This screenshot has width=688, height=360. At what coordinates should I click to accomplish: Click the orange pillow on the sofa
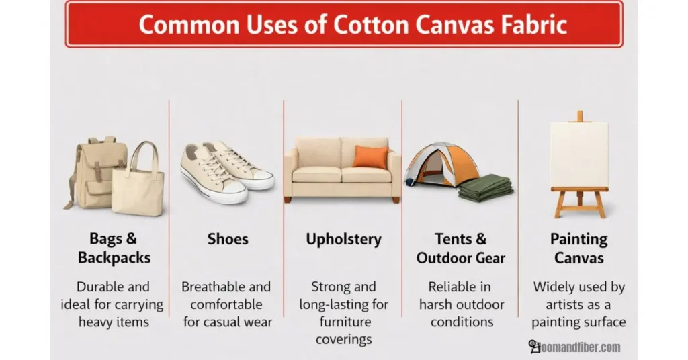click(370, 156)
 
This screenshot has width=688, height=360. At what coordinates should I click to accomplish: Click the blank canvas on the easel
click(578, 154)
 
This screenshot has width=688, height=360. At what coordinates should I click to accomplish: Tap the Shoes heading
click(228, 239)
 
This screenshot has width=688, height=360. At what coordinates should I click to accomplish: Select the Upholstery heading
click(343, 239)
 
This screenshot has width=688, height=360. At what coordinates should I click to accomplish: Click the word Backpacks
click(114, 257)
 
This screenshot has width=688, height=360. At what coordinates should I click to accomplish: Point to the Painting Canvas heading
click(578, 248)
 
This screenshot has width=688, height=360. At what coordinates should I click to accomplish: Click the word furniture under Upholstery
click(343, 322)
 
